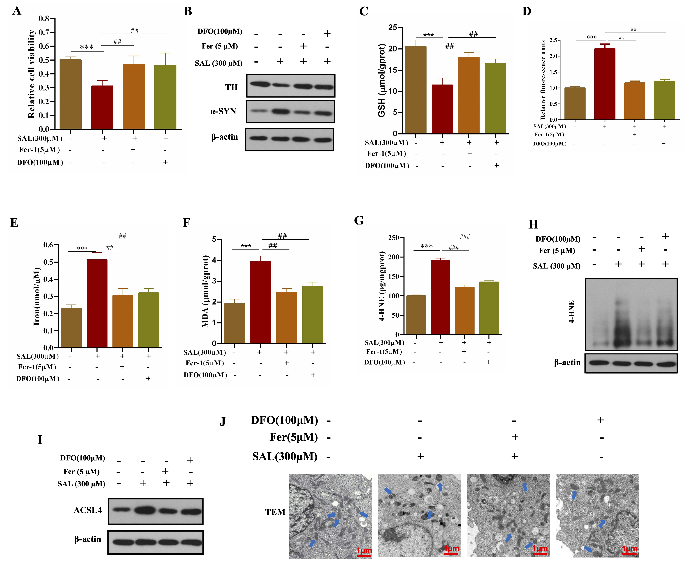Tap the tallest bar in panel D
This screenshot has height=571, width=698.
click(x=605, y=84)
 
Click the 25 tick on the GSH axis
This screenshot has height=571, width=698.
click(x=393, y=28)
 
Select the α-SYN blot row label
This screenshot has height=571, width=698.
click(x=223, y=111)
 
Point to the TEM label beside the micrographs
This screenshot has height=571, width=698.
click(x=275, y=512)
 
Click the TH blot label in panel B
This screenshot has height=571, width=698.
click(x=231, y=87)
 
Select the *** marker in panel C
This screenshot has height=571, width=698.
click(x=429, y=35)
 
